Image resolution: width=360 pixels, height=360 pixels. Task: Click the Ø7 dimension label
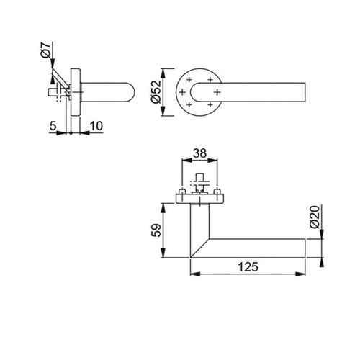(45, 51)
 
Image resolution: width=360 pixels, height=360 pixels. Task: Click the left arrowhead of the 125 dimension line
(192, 274)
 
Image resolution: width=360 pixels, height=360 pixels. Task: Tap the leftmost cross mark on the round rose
(181, 91)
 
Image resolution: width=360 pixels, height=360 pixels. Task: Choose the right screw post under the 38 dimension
(214, 193)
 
